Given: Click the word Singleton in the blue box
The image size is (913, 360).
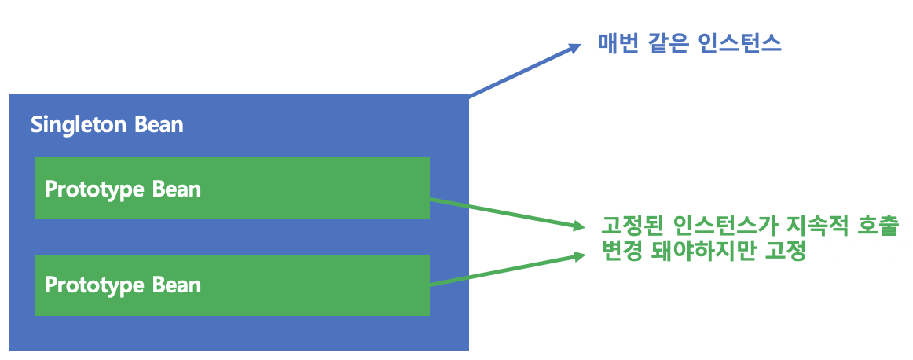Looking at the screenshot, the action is tap(75, 124).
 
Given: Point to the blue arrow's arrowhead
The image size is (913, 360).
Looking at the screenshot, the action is tap(572, 48).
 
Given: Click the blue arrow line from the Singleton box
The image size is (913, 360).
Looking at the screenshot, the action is tap(519, 73).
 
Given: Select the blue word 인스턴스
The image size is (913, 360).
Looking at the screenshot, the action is tap(738, 42).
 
